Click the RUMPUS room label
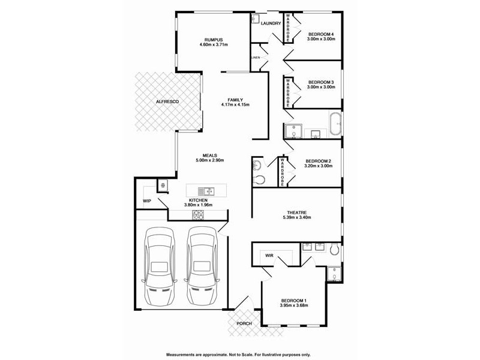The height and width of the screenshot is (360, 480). pos(214,38)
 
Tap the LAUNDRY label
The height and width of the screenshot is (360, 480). pos(271,23)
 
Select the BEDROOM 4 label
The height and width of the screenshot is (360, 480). pos(320,34)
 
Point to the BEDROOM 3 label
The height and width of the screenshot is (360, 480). pos(320,82)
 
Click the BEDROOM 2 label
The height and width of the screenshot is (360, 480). pos(318,161)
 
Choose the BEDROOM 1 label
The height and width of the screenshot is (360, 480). pos(294,300)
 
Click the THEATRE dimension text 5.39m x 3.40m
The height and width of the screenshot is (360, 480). pos(296,218)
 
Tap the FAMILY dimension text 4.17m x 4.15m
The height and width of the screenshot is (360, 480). pos(235,105)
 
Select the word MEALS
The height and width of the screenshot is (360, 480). pos(209,155)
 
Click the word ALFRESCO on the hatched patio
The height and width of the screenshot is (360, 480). pos(167,102)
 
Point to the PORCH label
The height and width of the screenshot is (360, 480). pos(244,324)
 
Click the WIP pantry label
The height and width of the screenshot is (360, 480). pos(146,201)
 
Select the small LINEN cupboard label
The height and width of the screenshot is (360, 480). pos(256,58)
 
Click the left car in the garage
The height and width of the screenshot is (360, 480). pos(159,266)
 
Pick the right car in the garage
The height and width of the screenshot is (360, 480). pos(202,266)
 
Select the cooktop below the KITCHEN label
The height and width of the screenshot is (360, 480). pos(198,214)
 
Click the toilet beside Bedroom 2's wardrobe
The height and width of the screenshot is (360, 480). pos(259,179)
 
